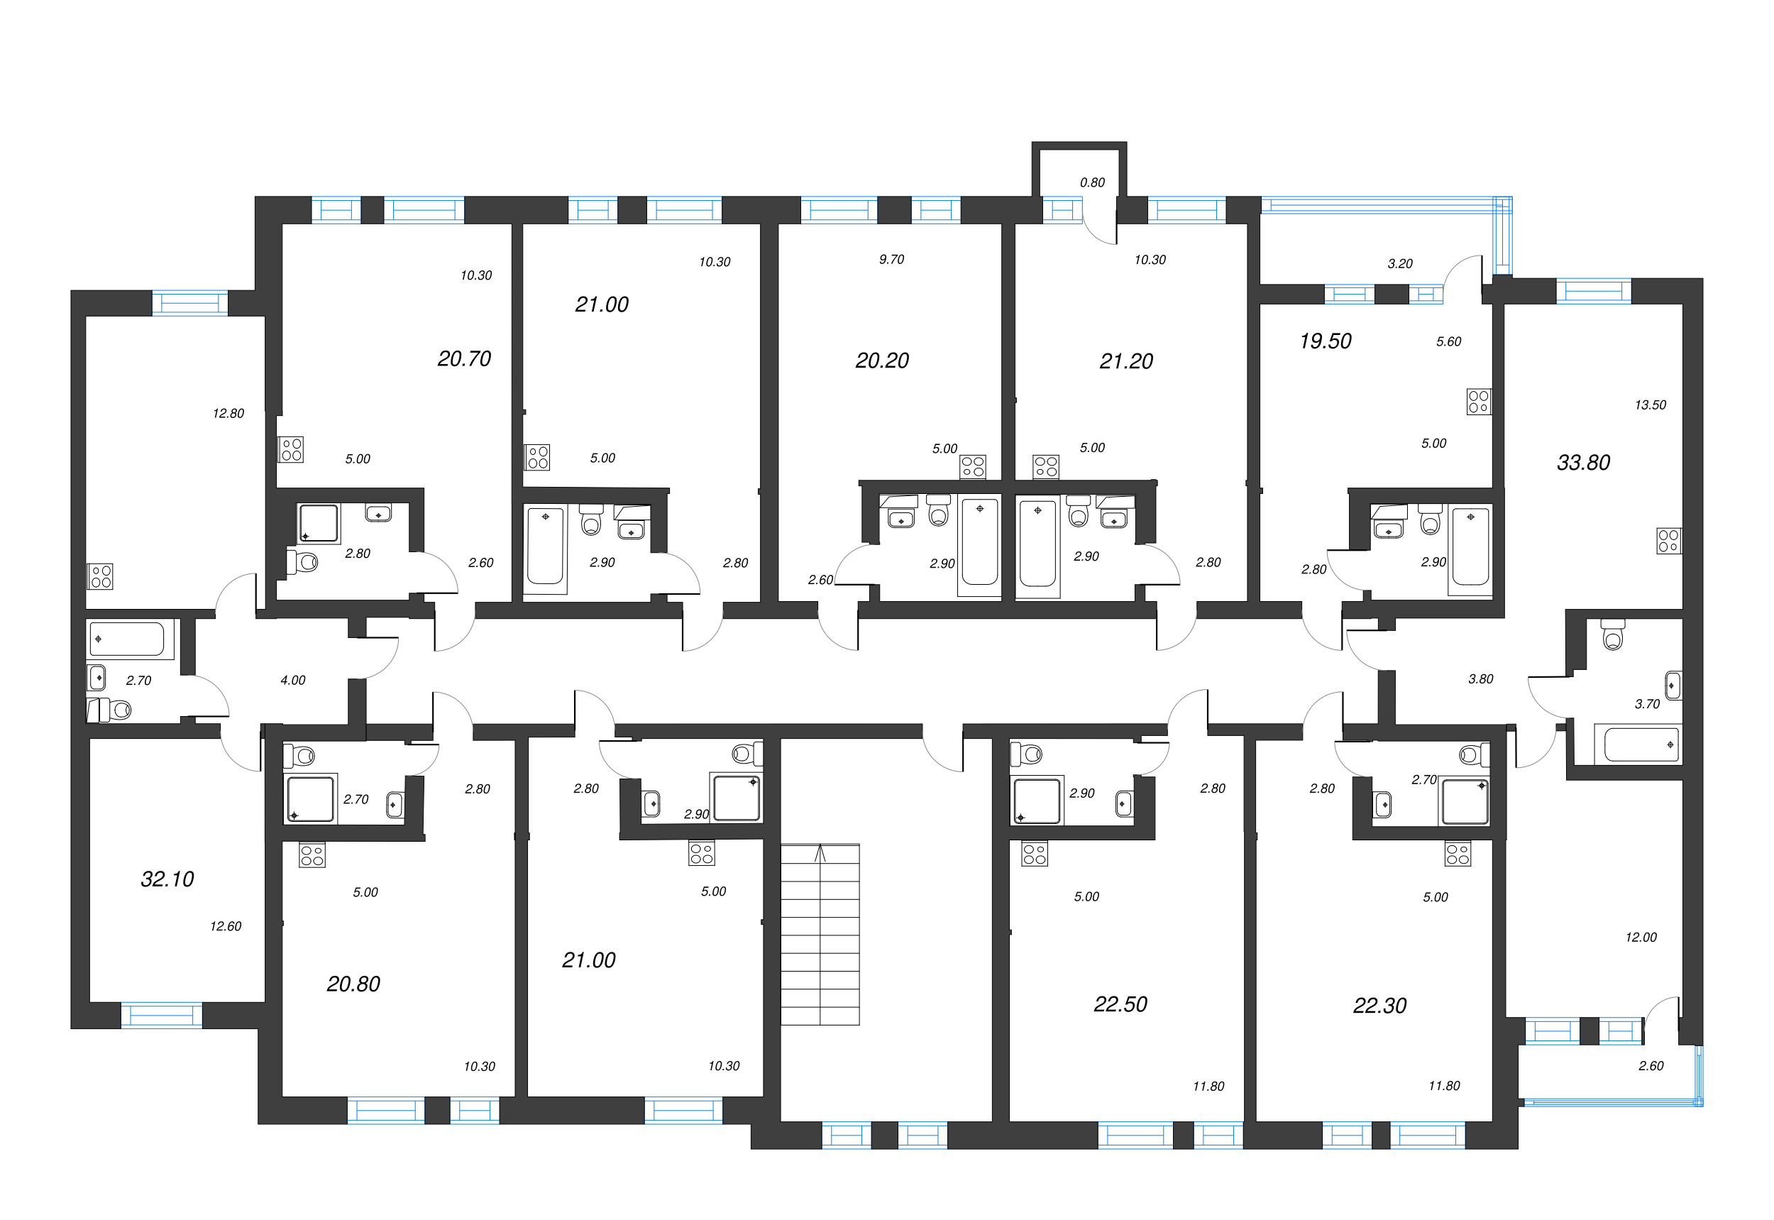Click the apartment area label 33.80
[x=1583, y=463]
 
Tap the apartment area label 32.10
[x=167, y=879]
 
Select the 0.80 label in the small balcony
[x=1092, y=182]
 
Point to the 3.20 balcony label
[x=1400, y=264]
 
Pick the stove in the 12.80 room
[x=100, y=576]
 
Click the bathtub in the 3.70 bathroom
[x=1642, y=744]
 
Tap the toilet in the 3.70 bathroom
[x=1613, y=634]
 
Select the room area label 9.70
[x=891, y=260]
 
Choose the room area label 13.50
[x=1651, y=405]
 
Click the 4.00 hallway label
[x=293, y=681]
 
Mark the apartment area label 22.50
[x=1120, y=1004]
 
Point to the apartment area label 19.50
[x=1326, y=341]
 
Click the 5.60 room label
[x=1448, y=341]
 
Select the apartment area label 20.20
[x=882, y=361]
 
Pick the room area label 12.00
[x=1641, y=937]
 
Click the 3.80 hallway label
[x=1480, y=678]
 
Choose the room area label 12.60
[x=226, y=926]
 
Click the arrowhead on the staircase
[x=820, y=850]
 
